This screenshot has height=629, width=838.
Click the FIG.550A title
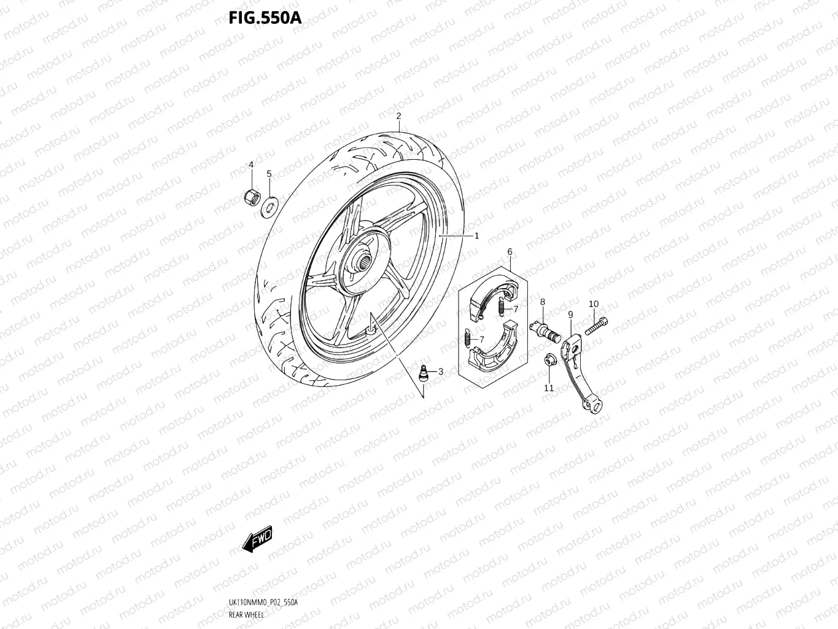[265, 18]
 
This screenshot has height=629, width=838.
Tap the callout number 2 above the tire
[398, 116]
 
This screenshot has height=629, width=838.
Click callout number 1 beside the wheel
[476, 235]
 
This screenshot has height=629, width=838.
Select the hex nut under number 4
[250, 197]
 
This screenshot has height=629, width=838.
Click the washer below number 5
[269, 204]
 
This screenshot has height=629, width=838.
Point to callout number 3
[440, 371]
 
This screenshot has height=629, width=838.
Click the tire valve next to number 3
[423, 372]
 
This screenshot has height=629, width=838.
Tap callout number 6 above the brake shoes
[510, 252]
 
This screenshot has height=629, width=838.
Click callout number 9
[570, 314]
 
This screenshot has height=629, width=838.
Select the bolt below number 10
[596, 325]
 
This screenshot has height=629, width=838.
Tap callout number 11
[549, 388]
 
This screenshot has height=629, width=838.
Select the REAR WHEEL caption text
[246, 615]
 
